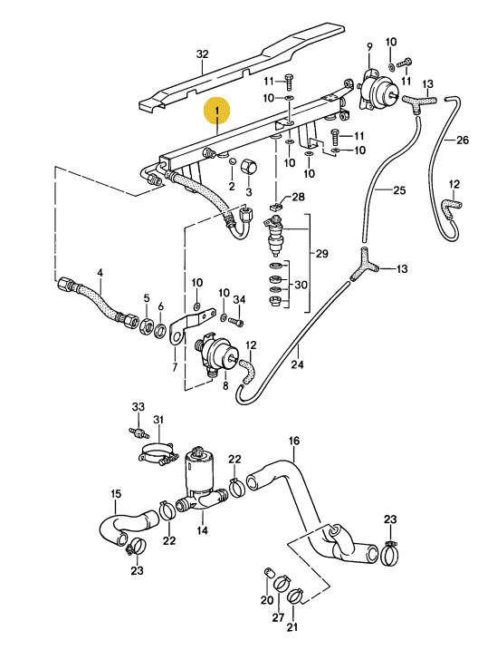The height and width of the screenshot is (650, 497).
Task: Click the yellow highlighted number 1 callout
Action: coord(217,112)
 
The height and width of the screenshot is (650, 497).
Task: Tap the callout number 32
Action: coord(202,54)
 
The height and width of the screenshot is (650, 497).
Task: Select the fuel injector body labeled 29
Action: coord(275,237)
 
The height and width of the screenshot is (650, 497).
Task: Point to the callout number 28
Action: coord(298,197)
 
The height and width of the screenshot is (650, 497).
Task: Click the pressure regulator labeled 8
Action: coord(218,354)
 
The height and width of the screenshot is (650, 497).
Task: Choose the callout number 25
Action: coord(399,190)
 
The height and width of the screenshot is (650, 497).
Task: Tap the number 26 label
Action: coord(463,141)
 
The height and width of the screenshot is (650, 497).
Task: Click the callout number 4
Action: coord(100,273)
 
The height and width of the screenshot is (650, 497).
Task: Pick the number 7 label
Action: coord(174,367)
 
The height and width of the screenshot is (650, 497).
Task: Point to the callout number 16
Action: coord(294,441)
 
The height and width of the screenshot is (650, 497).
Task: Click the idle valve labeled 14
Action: coord(200,480)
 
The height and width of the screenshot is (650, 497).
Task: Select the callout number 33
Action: coord(139,407)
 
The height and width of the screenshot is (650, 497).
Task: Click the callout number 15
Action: coord(116,494)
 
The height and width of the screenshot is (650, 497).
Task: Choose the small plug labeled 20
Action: coord(269,573)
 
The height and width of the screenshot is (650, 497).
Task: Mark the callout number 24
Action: coord(297,364)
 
